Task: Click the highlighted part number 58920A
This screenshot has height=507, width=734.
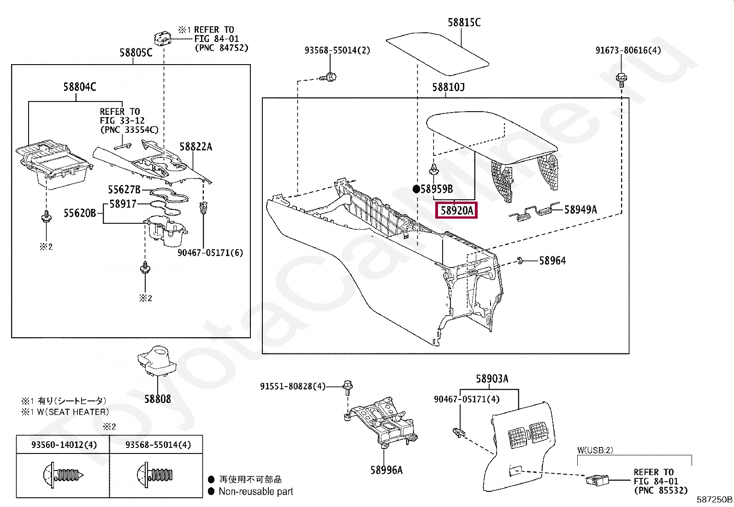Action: coord(456,211)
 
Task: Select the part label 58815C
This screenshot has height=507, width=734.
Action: coord(464,22)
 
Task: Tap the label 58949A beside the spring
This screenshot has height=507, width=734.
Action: coord(580,210)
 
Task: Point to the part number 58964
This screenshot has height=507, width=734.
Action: coord(552,261)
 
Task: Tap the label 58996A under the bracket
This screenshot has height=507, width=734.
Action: coord(386,470)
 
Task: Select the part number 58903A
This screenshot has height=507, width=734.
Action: coord(492,379)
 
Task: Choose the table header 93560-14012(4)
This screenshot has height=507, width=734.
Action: coord(64,445)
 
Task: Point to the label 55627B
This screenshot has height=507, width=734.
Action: coord(124,190)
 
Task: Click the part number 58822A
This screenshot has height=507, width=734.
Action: coord(195,147)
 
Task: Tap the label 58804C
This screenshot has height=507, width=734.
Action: coord(80,86)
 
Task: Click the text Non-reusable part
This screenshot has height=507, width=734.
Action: coord(256,492)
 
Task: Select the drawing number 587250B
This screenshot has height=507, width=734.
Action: coord(714,500)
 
